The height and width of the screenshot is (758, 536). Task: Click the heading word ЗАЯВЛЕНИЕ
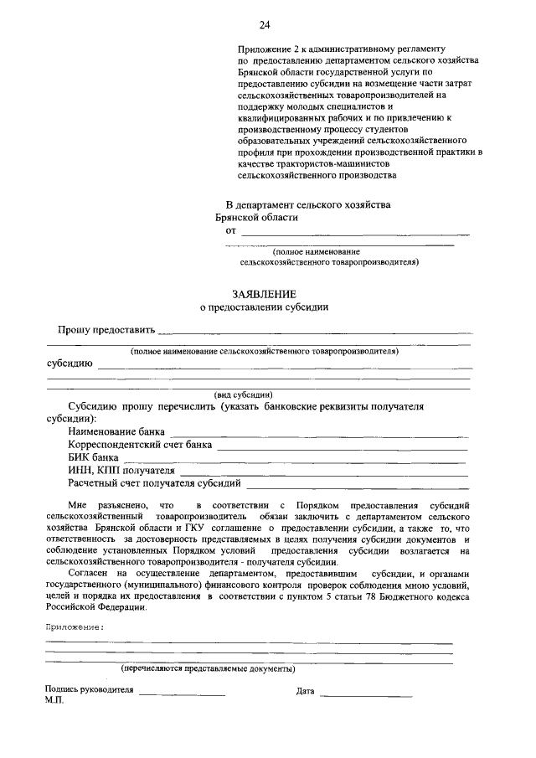point(264,293)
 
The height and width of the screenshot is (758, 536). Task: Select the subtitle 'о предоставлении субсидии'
point(264,307)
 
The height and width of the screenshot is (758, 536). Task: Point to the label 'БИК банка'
point(93,458)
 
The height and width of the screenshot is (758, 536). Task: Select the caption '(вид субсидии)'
point(243,394)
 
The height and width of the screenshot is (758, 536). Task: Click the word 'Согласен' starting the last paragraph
point(88,573)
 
